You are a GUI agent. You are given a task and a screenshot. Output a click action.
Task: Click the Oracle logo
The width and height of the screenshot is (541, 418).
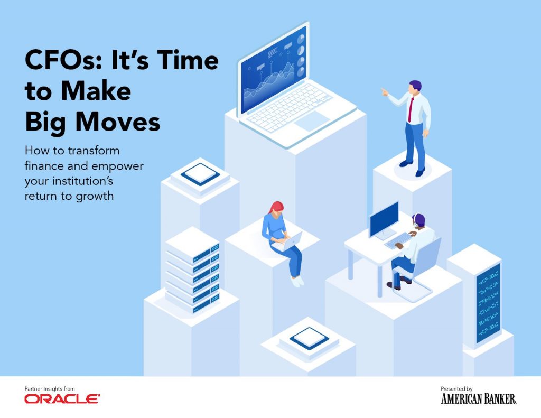click(62, 399)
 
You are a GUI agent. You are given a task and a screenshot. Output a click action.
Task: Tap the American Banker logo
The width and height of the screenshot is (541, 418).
click(478, 398)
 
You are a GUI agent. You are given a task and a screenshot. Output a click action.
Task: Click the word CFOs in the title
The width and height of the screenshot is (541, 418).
click(63, 60)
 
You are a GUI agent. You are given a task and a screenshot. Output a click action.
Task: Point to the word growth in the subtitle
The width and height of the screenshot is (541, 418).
click(95, 197)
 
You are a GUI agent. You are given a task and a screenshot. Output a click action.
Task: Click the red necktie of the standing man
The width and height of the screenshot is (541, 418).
click(411, 109)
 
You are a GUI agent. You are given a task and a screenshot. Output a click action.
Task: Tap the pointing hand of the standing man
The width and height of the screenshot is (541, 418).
click(384, 92)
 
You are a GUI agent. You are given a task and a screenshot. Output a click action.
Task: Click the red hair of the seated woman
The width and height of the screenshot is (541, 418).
click(276, 208)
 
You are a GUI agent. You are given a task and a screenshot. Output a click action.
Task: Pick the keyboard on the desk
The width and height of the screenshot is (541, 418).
click(398, 240)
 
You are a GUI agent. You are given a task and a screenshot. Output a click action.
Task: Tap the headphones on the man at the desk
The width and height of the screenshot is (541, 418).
click(416, 220)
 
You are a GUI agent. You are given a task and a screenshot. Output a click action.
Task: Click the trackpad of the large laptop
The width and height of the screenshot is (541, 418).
click(312, 121)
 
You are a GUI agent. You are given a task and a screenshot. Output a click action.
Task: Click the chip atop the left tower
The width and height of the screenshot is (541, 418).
click(200, 174)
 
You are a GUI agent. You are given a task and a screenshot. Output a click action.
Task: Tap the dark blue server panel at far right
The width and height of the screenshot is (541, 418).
click(488, 303)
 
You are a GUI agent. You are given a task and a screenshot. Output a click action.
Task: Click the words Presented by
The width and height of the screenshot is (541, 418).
click(456, 388)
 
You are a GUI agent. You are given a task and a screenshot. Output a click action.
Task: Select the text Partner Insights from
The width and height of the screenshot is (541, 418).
click(50, 388)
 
